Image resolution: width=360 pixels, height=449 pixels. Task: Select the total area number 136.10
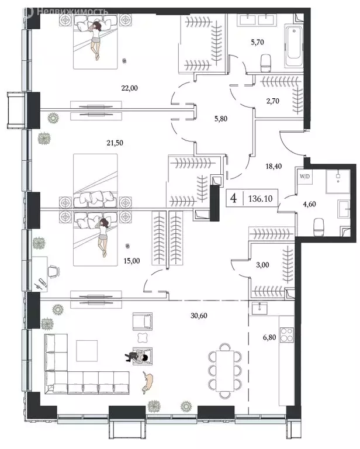point(258,198)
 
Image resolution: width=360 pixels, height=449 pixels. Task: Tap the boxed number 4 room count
point(234,198)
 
